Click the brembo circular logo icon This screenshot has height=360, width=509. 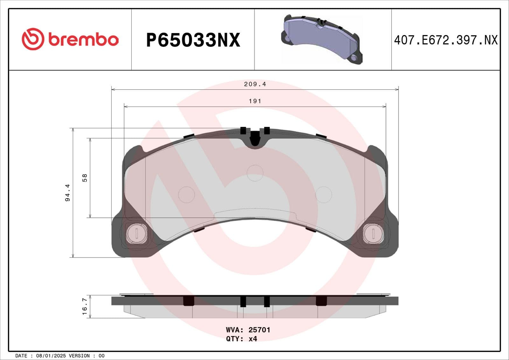[x=32, y=39]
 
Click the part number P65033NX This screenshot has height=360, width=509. [x=193, y=40]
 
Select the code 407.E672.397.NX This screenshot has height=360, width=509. [x=445, y=40]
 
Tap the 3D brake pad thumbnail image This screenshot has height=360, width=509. [x=322, y=39]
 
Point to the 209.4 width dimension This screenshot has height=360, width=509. [x=255, y=84]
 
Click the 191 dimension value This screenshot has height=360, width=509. [x=255, y=101]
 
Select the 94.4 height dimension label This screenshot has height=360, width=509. [x=68, y=193]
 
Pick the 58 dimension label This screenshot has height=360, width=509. [x=85, y=178]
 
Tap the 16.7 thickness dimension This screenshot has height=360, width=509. [x=85, y=306]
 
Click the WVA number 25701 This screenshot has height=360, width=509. [x=259, y=330]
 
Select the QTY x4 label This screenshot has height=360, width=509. [x=241, y=339]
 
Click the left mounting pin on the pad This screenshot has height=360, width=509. [x=136, y=233]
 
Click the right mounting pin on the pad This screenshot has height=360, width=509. [x=373, y=233]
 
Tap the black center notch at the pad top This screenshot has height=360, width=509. [x=255, y=139]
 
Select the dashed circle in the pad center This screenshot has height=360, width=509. [x=255, y=173]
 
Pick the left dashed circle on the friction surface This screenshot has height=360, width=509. [x=186, y=194]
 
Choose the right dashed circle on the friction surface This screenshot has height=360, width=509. [x=323, y=194]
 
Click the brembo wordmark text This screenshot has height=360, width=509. [x=83, y=39]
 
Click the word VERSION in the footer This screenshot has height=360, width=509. [x=79, y=356]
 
